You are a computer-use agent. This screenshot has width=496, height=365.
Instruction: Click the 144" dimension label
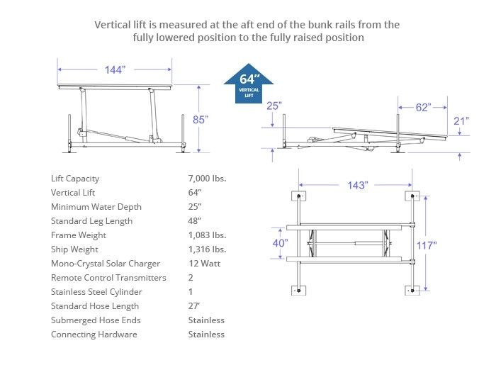click(114, 69)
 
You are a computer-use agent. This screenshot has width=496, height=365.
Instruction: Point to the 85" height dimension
click(201, 119)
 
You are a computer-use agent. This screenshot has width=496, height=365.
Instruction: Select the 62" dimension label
click(423, 108)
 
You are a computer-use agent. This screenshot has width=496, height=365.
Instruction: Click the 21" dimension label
click(461, 120)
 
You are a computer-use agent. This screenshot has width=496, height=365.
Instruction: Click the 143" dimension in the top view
click(357, 185)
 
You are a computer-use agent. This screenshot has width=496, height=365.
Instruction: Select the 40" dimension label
click(280, 243)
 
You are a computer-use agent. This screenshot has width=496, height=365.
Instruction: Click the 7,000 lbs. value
click(207, 179)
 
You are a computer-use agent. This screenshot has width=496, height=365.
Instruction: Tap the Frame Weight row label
click(79, 235)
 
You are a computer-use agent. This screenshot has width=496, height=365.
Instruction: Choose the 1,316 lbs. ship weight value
click(207, 249)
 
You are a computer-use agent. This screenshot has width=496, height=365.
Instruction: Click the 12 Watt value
click(204, 264)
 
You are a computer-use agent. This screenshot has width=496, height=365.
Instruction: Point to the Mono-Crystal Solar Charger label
click(106, 264)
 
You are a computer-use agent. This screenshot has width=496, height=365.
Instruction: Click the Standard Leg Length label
click(91, 221)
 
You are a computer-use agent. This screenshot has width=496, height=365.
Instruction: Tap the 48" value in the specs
click(195, 221)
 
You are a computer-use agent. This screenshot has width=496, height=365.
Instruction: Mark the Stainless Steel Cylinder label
click(96, 292)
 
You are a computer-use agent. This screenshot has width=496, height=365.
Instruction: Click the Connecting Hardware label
click(94, 335)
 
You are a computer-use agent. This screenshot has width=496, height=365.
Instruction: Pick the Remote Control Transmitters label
click(108, 278)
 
